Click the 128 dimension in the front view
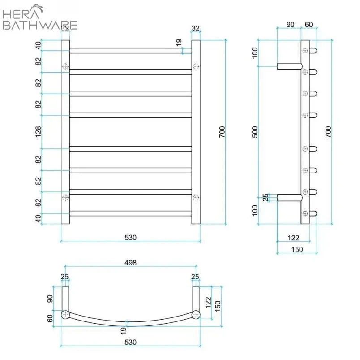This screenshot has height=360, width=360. click(x=39, y=131)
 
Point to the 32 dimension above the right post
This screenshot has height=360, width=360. click(x=195, y=28)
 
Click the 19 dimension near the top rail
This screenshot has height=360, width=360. click(x=179, y=43)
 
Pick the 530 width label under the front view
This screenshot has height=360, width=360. click(x=130, y=237)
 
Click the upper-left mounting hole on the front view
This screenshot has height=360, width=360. click(x=65, y=66)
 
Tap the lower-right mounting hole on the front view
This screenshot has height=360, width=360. click(x=196, y=197)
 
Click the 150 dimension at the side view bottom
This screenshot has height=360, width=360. click(x=297, y=249)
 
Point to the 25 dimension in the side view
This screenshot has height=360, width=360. click(x=266, y=197)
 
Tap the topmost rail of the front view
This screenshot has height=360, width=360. click(x=130, y=51)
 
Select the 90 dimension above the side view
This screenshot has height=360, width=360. click(x=290, y=24)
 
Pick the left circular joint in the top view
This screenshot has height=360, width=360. click(x=65, y=314)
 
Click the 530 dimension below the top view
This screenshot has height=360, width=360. click(x=130, y=342)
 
